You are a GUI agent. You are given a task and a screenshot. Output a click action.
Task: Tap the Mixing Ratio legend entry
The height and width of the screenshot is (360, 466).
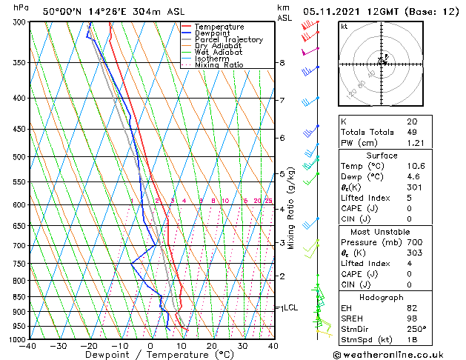219,65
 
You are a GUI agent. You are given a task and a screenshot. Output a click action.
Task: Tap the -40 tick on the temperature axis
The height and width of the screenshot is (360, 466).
29,346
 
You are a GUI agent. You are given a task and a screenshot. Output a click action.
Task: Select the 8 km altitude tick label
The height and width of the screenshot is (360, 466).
282,63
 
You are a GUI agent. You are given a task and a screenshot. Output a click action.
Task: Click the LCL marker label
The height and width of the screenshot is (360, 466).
290,307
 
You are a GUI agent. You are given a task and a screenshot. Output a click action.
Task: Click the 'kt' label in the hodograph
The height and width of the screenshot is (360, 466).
344,26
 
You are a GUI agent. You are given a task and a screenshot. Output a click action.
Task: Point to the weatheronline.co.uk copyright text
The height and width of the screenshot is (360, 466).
399,354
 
